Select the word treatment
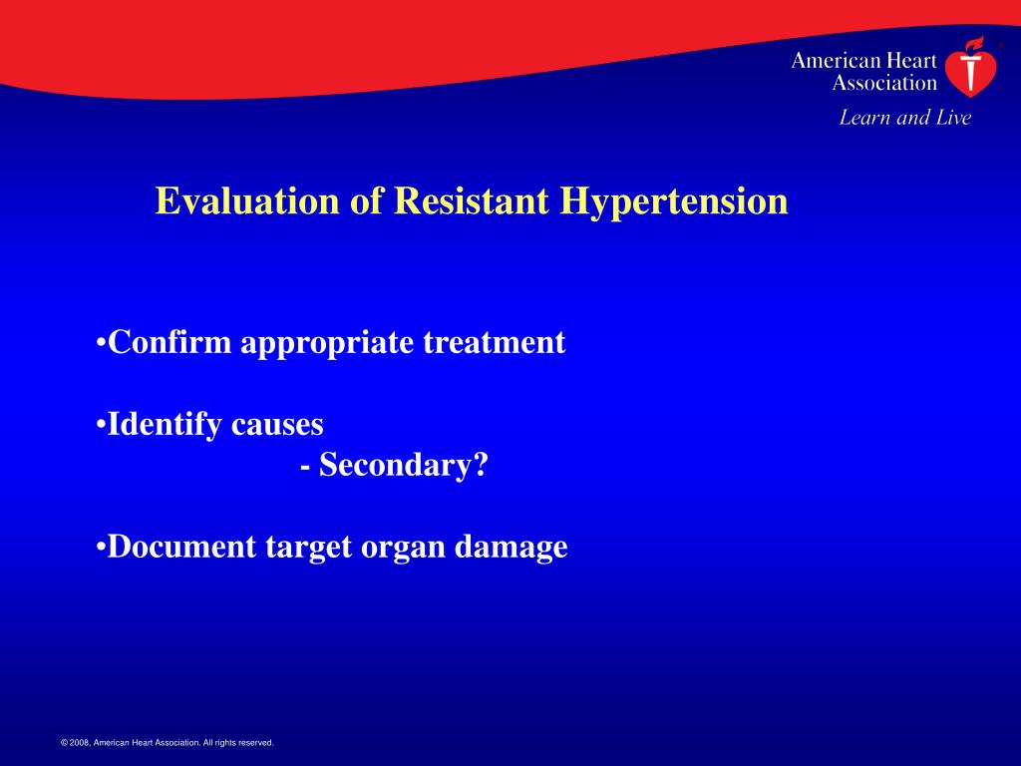[495, 343]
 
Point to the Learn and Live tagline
[904, 118]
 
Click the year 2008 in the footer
[80, 743]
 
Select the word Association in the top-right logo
[884, 83]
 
